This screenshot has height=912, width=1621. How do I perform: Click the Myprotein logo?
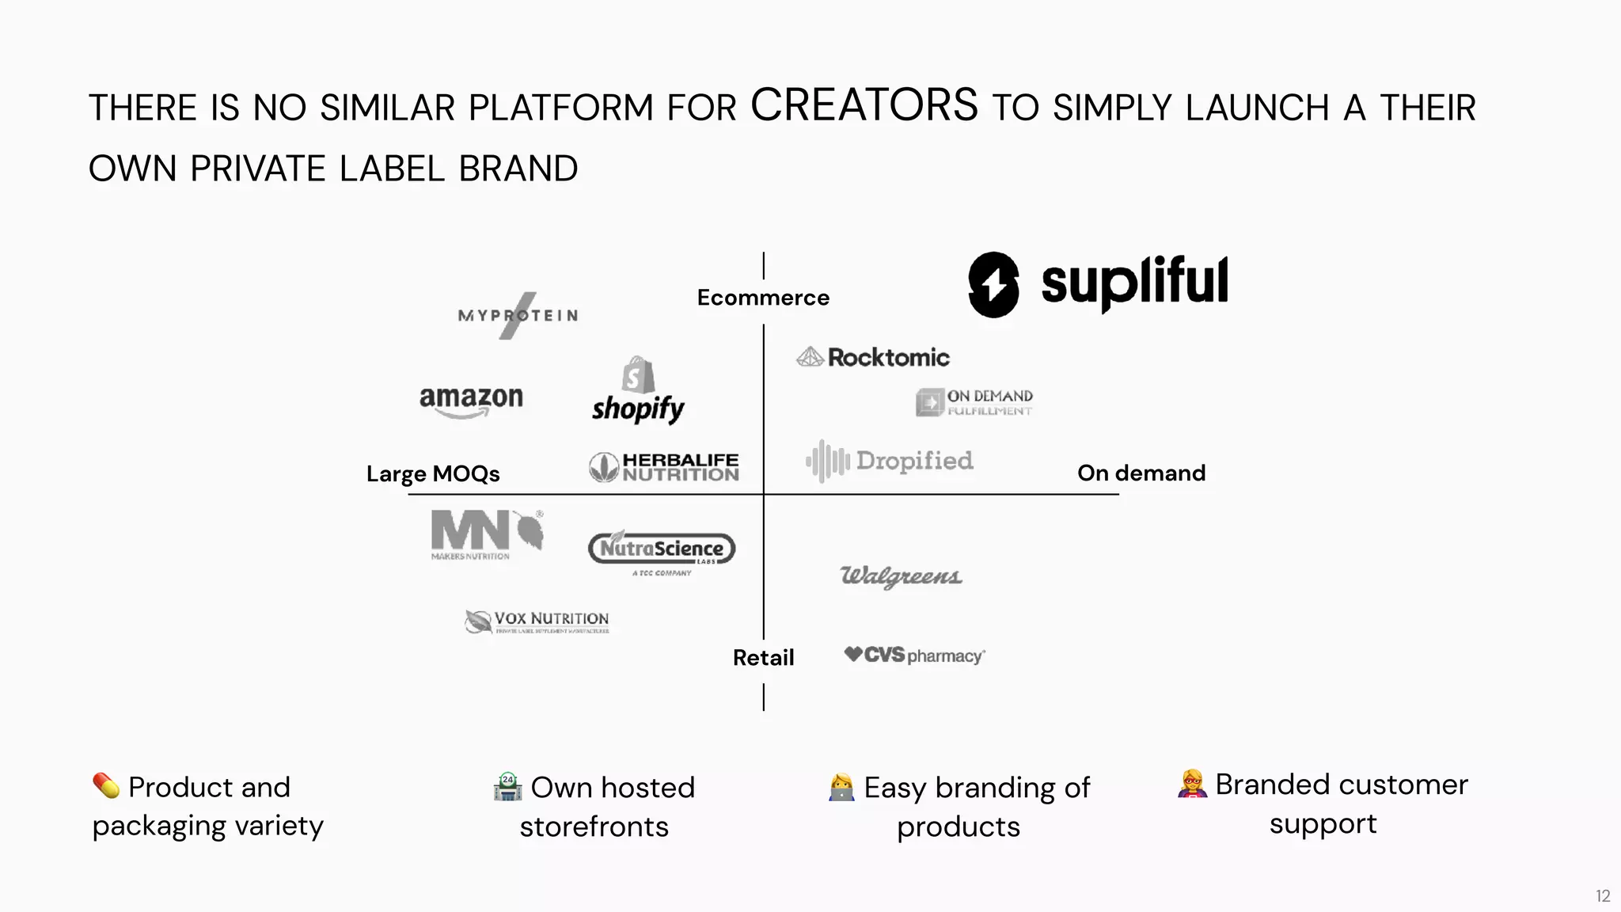tap(518, 316)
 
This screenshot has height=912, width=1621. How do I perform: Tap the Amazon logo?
tap(471, 401)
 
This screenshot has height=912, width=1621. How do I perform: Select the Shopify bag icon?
tap(638, 374)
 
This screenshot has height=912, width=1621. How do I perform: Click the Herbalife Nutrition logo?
tap(664, 467)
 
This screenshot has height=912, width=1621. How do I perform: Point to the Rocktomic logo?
tap(873, 358)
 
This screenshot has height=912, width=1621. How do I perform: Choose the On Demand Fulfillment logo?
tap(974, 402)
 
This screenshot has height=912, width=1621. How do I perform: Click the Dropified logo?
tap(890, 461)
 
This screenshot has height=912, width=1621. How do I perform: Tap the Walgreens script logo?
tap(901, 576)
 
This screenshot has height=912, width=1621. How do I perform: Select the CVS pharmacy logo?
tap(914, 655)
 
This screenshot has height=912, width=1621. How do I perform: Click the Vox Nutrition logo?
tap(537, 621)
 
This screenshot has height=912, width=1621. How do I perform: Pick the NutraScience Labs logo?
tap(662, 549)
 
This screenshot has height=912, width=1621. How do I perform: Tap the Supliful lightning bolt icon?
tap(993, 285)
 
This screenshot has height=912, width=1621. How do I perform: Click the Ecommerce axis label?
tap(763, 298)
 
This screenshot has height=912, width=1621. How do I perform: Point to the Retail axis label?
tap(763, 658)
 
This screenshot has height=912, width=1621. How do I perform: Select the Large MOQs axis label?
tap(433, 473)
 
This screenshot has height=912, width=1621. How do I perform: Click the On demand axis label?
tap(1141, 473)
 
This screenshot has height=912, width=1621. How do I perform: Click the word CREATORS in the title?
tap(864, 105)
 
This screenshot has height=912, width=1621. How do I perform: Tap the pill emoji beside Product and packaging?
tap(106, 785)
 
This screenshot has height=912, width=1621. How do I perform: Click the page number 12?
tap(1603, 896)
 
